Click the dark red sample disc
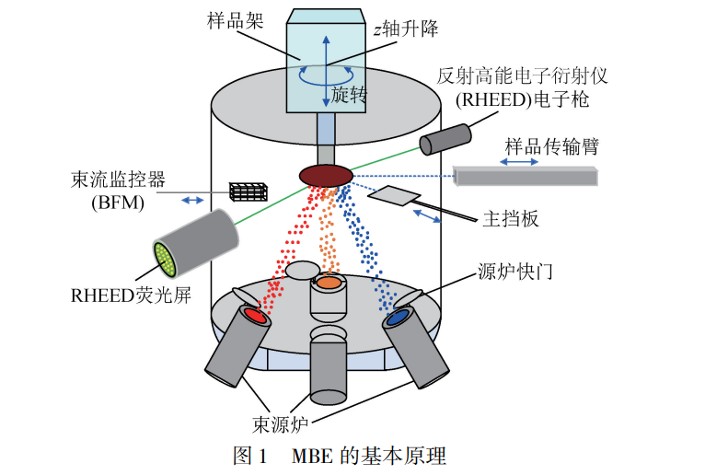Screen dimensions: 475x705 (x=327, y=174)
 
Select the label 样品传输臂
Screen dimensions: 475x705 (x=561, y=145)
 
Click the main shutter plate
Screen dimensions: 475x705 (x=397, y=194)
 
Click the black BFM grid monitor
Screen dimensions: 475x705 (x=248, y=191)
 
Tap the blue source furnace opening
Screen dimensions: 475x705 (x=399, y=318)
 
